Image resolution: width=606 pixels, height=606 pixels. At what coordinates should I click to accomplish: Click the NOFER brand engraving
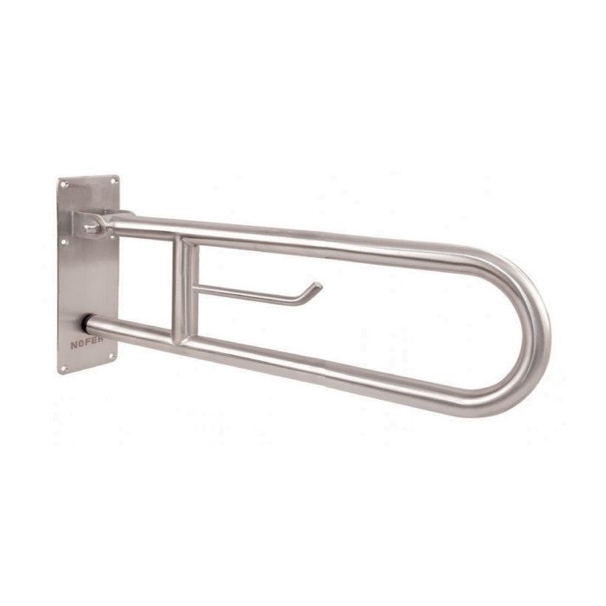[87, 343]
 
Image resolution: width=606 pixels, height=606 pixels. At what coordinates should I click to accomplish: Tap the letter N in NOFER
[74, 345]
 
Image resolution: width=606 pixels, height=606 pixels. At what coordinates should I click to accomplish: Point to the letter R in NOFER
[100, 339]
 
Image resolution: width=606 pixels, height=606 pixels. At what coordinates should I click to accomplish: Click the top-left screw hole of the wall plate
[65, 185]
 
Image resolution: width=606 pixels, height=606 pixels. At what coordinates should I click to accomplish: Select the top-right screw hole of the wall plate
[113, 181]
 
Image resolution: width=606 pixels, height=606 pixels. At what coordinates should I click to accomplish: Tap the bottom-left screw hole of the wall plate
[65, 368]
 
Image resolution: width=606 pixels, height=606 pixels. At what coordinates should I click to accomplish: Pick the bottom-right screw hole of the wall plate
[112, 356]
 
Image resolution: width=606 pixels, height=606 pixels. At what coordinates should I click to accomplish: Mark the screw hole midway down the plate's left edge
[65, 242]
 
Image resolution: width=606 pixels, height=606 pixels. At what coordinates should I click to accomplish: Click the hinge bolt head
[91, 226]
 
